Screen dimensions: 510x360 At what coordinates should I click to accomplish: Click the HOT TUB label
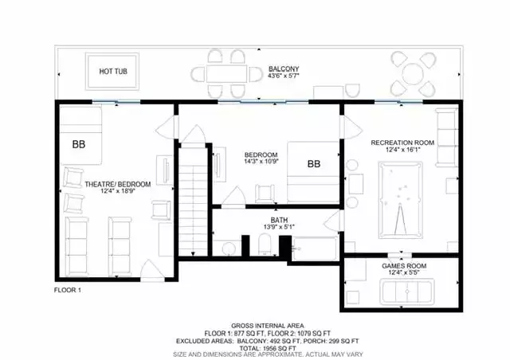coord(113,71)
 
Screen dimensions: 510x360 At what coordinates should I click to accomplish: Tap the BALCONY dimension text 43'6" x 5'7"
coord(284,76)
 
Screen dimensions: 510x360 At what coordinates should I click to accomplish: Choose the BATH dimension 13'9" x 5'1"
coord(279,227)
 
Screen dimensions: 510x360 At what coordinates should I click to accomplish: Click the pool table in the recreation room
coord(401,200)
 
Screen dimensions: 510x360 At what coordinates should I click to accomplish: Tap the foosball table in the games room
coord(407,292)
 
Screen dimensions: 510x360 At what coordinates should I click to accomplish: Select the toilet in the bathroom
coord(265,245)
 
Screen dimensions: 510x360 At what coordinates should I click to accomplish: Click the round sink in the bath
coord(229,248)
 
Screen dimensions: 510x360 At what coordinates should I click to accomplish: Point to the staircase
coord(193,199)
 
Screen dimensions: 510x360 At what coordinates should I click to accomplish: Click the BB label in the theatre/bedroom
coord(79,144)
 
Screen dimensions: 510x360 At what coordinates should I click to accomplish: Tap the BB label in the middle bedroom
coord(314,164)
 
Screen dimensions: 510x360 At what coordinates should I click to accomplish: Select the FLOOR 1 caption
coord(67,290)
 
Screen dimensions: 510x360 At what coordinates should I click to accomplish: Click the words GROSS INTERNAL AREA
coord(268,326)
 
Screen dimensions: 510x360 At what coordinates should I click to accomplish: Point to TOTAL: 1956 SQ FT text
coord(268,348)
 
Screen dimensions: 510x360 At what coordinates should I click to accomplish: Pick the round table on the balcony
coord(413,74)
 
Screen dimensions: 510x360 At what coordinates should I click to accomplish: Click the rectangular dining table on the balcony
coord(226,73)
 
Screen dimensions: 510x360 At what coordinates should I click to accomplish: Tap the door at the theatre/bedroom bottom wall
coord(153,271)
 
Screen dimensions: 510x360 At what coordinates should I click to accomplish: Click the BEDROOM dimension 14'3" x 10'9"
coord(261,161)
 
